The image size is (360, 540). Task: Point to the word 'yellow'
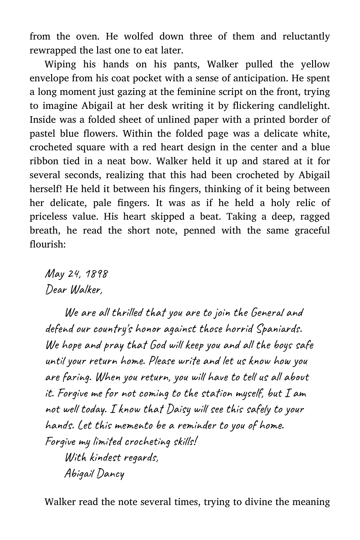(x=315, y=64)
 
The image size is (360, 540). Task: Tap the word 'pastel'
(x=42, y=133)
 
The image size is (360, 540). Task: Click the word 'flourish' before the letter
(x=48, y=244)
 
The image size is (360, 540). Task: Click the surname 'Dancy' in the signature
(x=110, y=474)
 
